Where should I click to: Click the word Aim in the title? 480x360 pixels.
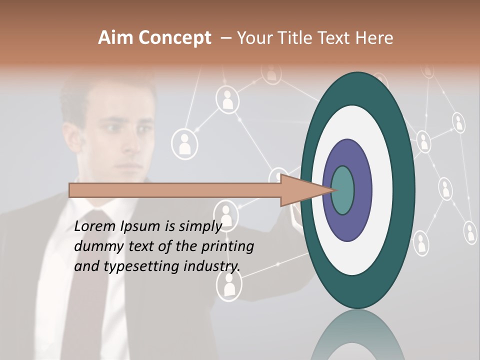[114, 38]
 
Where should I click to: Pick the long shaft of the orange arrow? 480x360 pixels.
[175, 190]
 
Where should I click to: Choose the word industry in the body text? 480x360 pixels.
[212, 266]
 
